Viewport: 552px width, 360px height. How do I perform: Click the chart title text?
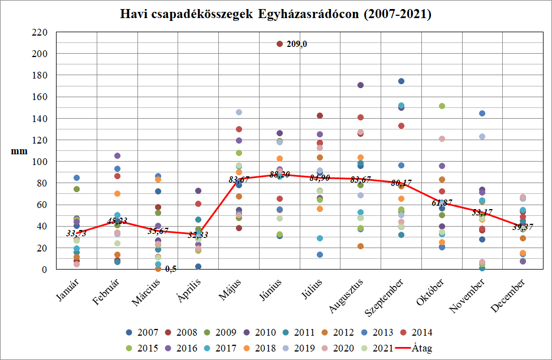click(276, 14)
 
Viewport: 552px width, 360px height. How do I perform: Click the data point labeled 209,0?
click(279, 44)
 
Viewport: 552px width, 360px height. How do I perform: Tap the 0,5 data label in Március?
click(171, 268)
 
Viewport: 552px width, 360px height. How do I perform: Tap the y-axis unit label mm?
click(18, 151)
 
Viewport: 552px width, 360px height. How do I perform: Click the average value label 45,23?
click(117, 220)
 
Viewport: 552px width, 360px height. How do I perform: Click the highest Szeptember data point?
click(401, 81)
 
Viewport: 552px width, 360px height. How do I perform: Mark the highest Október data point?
click(442, 106)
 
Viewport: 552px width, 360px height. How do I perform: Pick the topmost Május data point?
click(239, 112)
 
